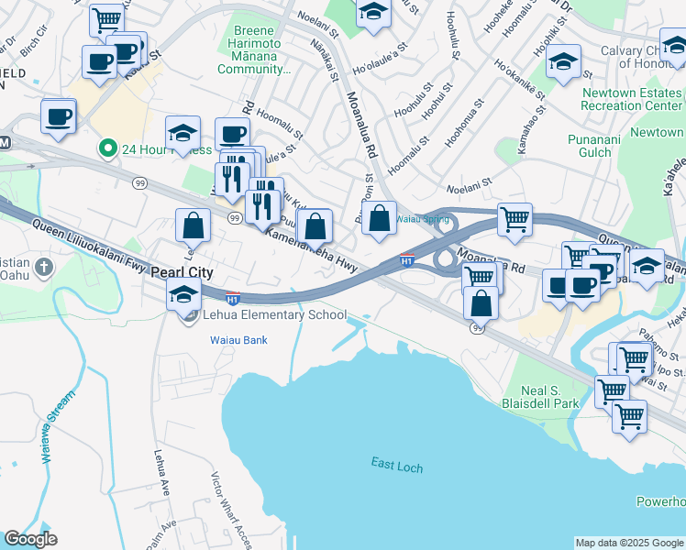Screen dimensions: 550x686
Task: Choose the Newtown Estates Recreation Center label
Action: (631, 99)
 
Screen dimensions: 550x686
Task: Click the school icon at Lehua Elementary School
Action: (183, 296)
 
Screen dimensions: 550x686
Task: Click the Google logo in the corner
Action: (30, 539)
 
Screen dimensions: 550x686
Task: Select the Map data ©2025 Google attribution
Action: (628, 543)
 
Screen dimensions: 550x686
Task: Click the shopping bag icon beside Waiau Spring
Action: (379, 220)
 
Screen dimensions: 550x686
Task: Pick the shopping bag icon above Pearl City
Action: (194, 225)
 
